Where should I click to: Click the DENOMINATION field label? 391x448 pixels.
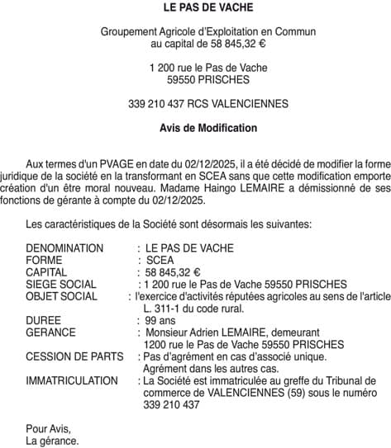pyautogui.click(x=64, y=248)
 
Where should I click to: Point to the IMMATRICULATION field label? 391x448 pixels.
pyautogui.click(x=71, y=381)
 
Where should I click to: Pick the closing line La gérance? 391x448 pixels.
pyautogui.click(x=52, y=441)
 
